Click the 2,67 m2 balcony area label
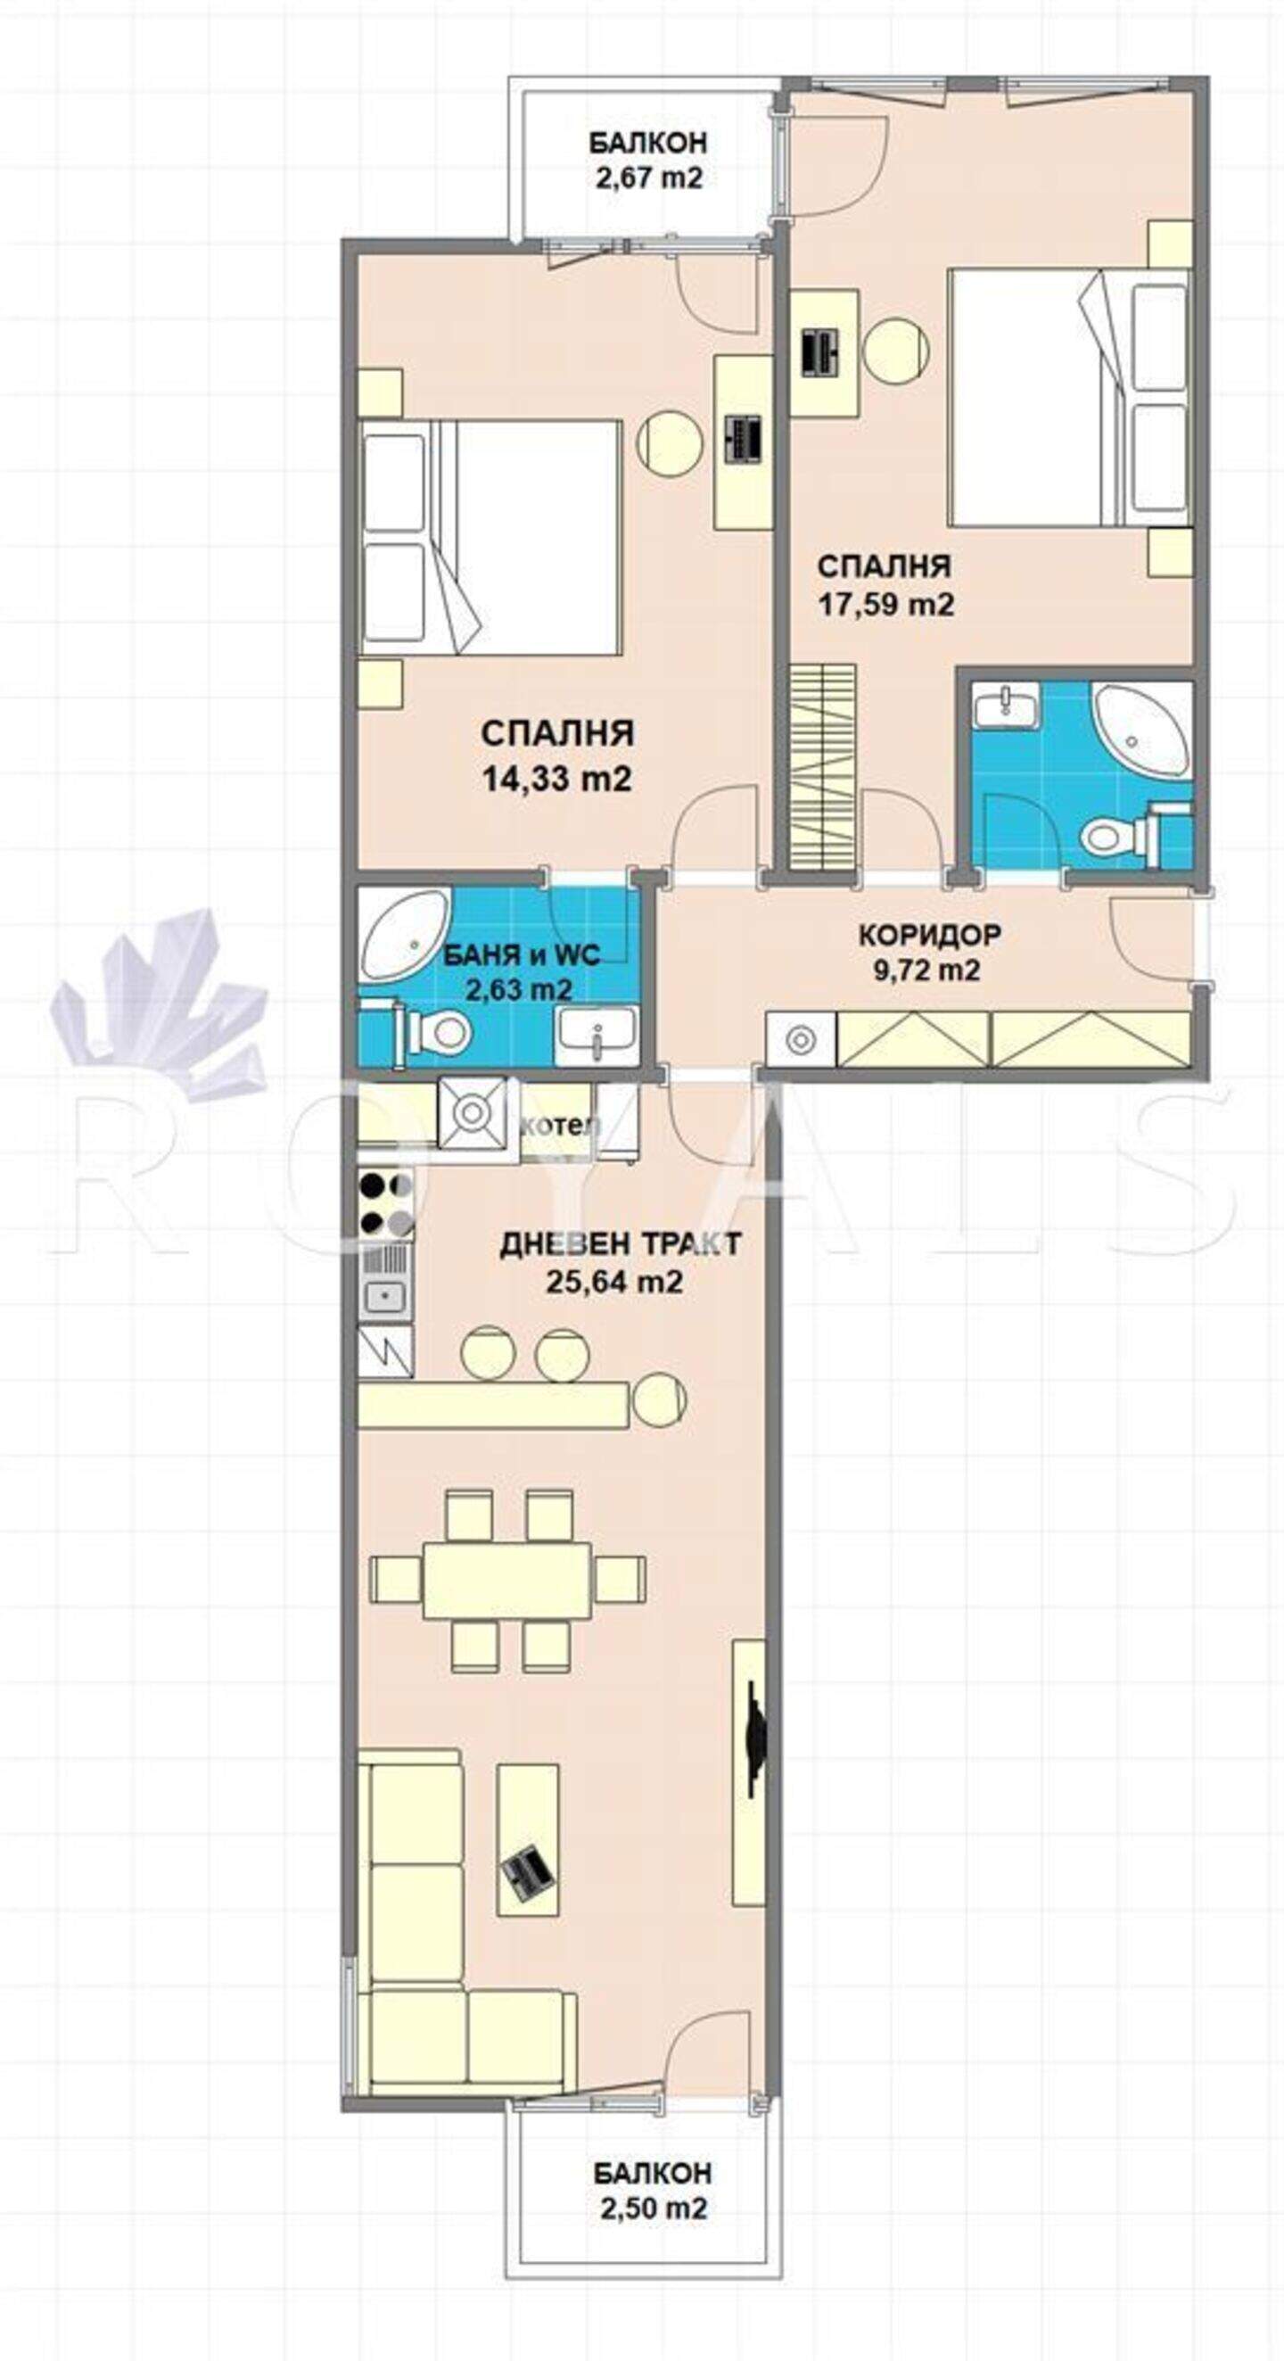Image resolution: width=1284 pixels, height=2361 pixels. [x=649, y=177]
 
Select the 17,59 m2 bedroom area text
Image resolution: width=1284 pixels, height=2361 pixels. [x=885, y=604]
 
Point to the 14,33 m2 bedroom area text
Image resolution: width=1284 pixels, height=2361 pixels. [x=557, y=779]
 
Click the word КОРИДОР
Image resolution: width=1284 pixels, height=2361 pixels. [x=929, y=935]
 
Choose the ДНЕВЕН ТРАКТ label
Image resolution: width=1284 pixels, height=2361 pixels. [x=621, y=1243]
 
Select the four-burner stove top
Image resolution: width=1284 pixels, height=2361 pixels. [x=386, y=1203]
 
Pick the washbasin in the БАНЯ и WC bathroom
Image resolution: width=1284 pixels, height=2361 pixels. [x=597, y=1035]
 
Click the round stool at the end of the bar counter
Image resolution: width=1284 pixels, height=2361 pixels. [x=659, y=1399]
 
